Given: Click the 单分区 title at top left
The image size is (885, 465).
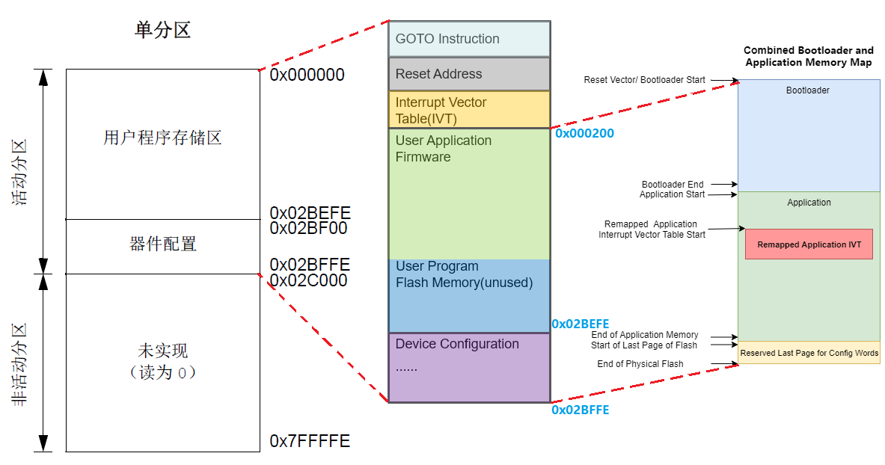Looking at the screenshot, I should tap(162, 30).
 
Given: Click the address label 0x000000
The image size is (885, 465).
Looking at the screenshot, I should tap(307, 75).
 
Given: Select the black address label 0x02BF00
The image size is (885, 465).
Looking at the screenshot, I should tap(308, 228).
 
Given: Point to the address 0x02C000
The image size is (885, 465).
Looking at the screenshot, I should tap(308, 280).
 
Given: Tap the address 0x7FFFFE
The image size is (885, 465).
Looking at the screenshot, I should tap(310, 441).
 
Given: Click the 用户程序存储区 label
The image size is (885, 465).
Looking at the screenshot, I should tap(162, 138).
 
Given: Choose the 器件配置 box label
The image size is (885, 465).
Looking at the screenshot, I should tap(162, 244).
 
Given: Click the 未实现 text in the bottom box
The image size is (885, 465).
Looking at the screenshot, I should tap(162, 351).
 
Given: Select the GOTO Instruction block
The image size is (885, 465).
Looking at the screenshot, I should tap(469, 39).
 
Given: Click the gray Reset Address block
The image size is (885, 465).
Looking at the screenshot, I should tap(469, 74).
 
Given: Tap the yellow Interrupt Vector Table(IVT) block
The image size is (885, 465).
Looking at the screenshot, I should tap(469, 110).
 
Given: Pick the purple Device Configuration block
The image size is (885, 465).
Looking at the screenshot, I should tap(469, 367).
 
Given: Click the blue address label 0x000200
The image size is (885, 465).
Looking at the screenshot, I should tap(584, 134).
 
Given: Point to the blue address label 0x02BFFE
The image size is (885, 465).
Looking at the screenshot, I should tap(580, 410).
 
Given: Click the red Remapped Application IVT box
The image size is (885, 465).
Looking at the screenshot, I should tap(809, 244).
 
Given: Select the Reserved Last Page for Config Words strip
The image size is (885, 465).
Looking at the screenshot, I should tap(809, 353).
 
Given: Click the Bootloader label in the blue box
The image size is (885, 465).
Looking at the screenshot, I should tap(807, 90).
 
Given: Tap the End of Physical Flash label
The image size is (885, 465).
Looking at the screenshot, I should tap(640, 364).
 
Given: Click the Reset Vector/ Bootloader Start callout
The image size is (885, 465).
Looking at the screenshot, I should tap(644, 79).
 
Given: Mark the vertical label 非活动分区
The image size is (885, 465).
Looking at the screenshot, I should tap(20, 364).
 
